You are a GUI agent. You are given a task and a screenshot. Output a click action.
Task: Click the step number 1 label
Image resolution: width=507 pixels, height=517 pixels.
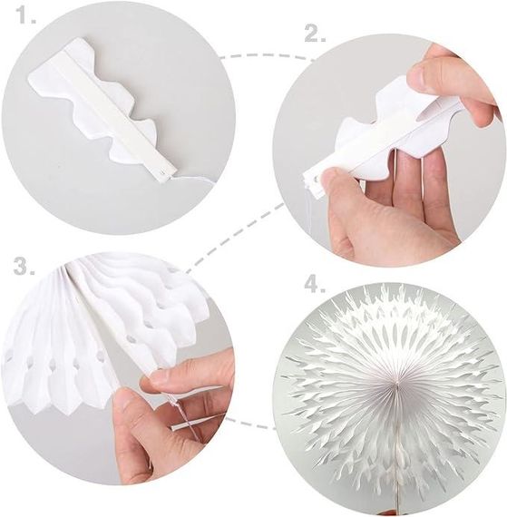click(x=26, y=15)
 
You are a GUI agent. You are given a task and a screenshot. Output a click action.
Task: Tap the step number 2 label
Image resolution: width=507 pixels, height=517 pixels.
click(x=315, y=33)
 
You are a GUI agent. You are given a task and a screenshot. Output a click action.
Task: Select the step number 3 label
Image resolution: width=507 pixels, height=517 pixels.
click(x=24, y=266)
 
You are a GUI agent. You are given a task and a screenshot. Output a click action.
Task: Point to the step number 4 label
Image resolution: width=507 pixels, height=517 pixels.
click(x=315, y=284)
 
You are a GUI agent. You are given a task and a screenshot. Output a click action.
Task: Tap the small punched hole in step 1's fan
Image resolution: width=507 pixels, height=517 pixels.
click(x=161, y=171)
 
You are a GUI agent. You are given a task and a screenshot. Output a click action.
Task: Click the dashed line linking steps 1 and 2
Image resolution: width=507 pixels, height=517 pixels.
click(x=268, y=54)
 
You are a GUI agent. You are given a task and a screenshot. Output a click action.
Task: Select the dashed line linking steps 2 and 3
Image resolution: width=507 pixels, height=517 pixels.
click(x=235, y=238)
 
